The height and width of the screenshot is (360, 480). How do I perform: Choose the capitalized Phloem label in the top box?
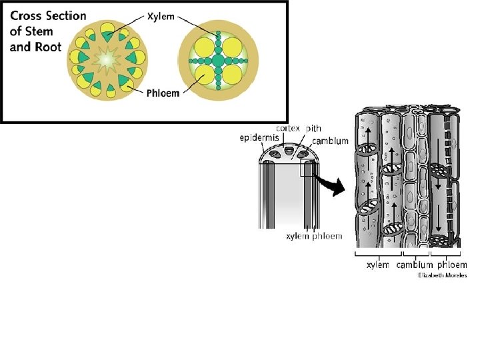(163, 93)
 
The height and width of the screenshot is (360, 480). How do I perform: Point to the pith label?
(313, 128)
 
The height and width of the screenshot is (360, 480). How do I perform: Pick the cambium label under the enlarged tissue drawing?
(415, 265)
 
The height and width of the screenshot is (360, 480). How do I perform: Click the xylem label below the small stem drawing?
(296, 236)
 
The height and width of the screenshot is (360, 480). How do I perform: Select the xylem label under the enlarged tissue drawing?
(378, 265)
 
